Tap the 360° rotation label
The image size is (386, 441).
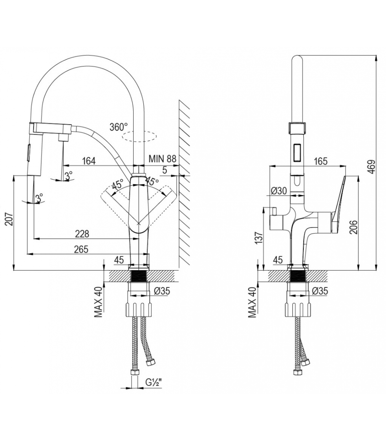(x=119, y=127)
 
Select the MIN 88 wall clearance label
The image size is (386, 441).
(x=162, y=158)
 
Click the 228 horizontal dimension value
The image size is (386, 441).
(x=82, y=234)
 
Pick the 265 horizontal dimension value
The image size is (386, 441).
(x=81, y=249)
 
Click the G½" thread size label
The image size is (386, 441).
(x=153, y=382)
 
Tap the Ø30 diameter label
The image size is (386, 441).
(x=279, y=190)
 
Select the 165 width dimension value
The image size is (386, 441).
(x=320, y=161)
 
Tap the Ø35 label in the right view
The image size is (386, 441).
(x=320, y=291)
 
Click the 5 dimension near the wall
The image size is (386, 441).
(x=165, y=170)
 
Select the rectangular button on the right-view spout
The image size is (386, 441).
(x=297, y=152)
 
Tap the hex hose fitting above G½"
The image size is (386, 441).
(x=135, y=372)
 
